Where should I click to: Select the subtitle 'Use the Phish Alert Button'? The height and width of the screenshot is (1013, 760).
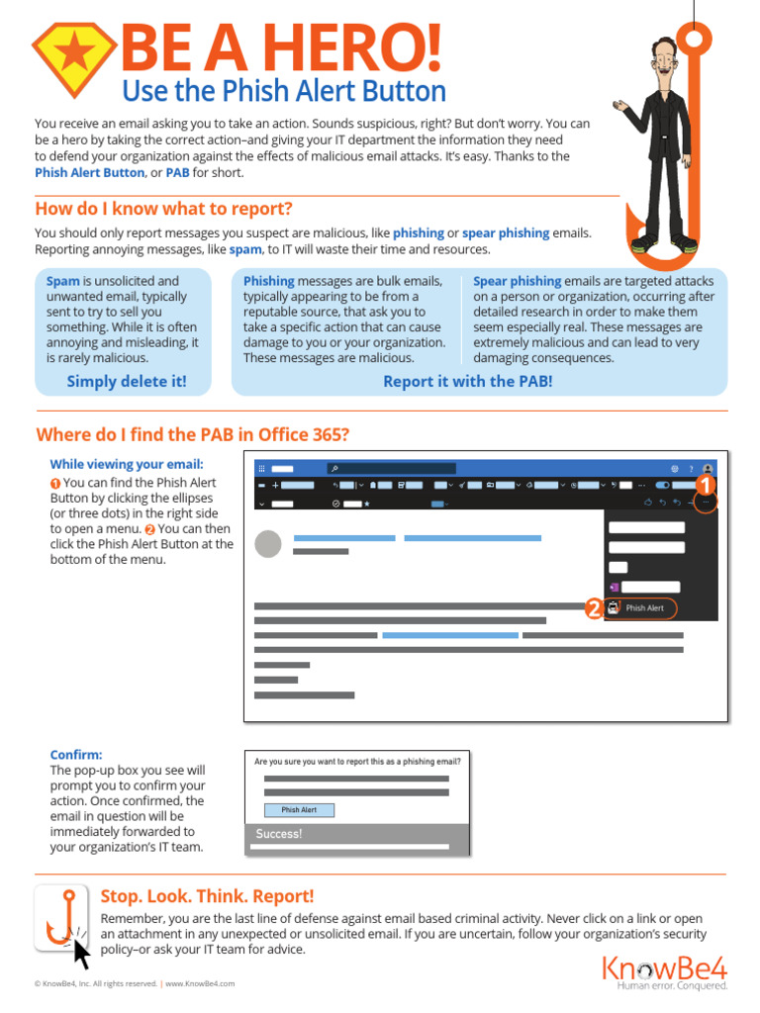point(283,91)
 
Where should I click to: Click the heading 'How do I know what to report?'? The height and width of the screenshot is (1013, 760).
point(163,209)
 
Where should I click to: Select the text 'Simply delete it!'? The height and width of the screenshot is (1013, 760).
point(126,381)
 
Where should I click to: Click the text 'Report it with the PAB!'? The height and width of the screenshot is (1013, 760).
point(467,381)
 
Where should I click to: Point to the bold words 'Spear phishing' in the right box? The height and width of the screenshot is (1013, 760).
point(517,281)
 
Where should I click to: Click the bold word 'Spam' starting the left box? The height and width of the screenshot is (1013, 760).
point(62,281)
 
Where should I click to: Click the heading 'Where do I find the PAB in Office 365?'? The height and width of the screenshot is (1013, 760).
point(192,435)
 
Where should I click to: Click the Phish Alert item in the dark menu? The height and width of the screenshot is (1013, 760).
point(644,608)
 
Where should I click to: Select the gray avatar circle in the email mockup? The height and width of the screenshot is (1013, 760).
point(268,544)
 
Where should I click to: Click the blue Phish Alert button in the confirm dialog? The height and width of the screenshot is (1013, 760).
point(299,810)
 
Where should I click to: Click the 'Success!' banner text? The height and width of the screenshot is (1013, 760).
point(279,834)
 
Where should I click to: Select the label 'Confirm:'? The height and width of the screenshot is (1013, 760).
point(76,754)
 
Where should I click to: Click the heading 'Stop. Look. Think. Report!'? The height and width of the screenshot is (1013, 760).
point(207,896)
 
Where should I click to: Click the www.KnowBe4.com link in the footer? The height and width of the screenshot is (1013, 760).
point(200,983)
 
